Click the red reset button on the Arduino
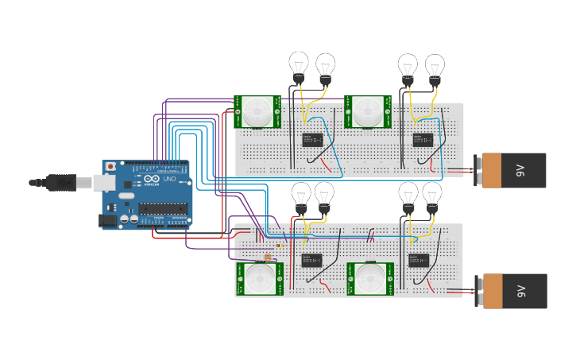(x=110, y=166)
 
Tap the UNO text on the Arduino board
(x=169, y=180)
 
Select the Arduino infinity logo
(x=152, y=180)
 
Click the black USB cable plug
(x=60, y=183)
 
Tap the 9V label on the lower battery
(x=520, y=291)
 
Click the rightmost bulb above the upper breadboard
(x=435, y=67)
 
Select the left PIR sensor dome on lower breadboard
(x=257, y=279)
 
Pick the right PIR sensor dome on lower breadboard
(x=369, y=279)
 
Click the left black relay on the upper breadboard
(x=312, y=140)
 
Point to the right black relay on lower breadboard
(x=419, y=260)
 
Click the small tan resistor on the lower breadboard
(x=275, y=246)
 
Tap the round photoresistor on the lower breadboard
(x=268, y=257)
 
